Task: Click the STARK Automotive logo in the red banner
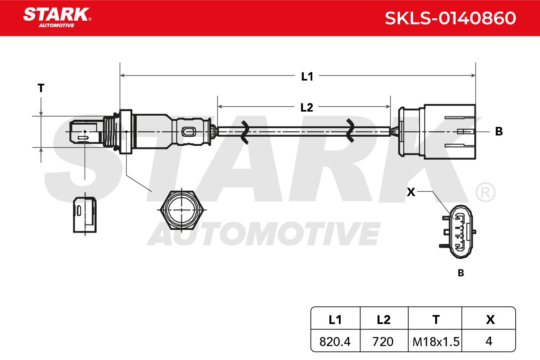(57, 18)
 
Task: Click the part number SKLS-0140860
(450, 18)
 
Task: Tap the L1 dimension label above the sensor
(307, 76)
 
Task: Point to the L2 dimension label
(306, 107)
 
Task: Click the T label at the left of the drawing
(41, 88)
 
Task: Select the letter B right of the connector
(499, 131)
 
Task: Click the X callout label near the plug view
(411, 192)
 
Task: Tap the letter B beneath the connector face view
(461, 273)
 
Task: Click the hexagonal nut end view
(182, 210)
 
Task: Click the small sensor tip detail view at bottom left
(85, 215)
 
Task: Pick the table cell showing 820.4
(335, 342)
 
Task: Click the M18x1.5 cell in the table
(436, 342)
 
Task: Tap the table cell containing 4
(489, 341)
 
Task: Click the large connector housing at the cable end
(437, 132)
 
